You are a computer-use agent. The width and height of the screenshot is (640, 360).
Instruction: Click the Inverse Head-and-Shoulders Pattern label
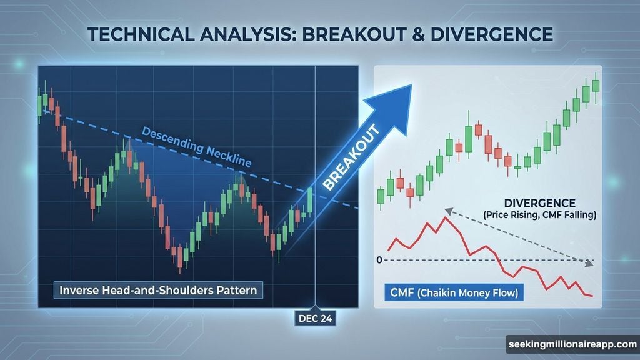[158, 291]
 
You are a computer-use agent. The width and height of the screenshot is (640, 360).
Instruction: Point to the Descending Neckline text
[196, 147]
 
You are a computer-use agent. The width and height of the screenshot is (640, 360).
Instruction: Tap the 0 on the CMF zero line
[379, 259]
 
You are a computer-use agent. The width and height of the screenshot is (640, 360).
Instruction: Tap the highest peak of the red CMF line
[445, 217]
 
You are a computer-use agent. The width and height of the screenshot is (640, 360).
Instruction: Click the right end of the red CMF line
[591, 296]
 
